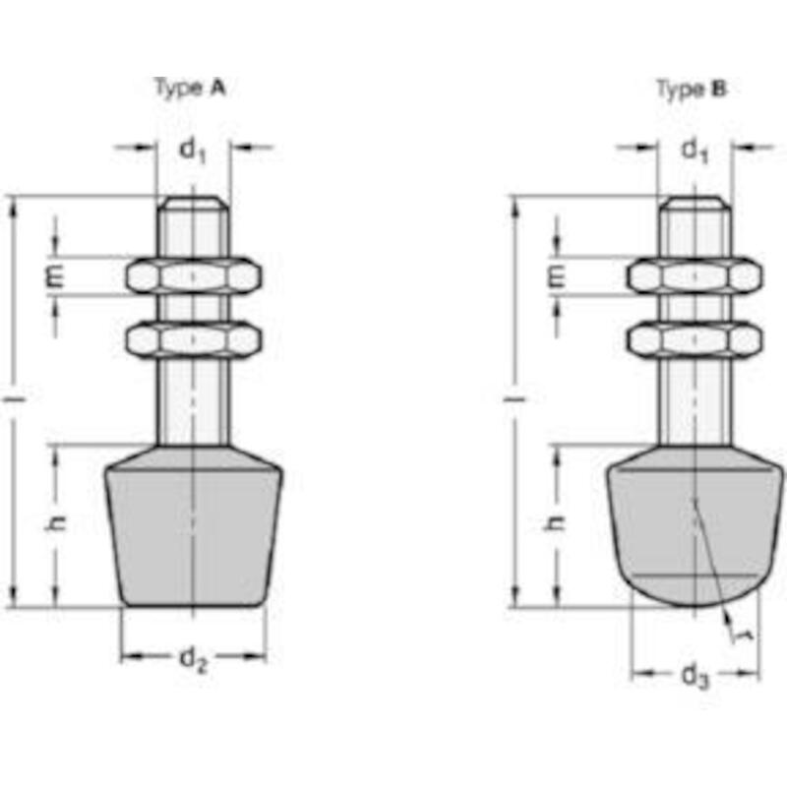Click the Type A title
coord(190,89)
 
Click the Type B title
coord(692,90)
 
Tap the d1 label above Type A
coord(193,151)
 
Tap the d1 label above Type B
coord(695,151)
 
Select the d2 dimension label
coord(193,659)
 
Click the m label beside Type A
coord(55,276)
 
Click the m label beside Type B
coord(556,276)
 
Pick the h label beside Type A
coord(55,523)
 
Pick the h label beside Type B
coord(555,523)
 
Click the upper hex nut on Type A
coord(193,275)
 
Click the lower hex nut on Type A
coord(193,339)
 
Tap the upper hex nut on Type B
coord(695,275)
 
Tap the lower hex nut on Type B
coord(695,339)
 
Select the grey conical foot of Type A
coord(193,527)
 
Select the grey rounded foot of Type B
coord(695,527)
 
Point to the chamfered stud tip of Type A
coord(193,203)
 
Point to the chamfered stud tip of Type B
coord(695,203)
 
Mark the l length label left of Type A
coord(14,399)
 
